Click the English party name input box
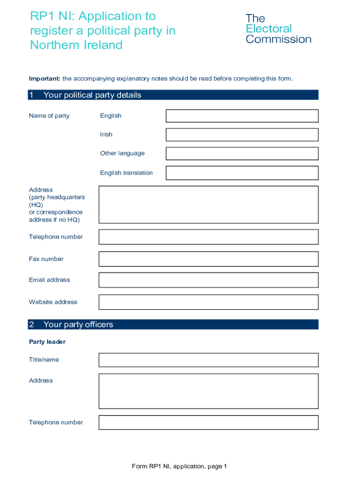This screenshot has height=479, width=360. (242, 116)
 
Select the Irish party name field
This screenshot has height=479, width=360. (242, 135)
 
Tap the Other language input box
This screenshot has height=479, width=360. (242, 153)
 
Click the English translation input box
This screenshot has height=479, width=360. (242, 173)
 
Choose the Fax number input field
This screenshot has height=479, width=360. (208, 259)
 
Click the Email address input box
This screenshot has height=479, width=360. (208, 280)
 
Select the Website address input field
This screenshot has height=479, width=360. (208, 302)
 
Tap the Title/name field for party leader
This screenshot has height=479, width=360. (208, 360)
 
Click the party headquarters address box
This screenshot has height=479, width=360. (208, 205)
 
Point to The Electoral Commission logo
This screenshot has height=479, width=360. (278, 29)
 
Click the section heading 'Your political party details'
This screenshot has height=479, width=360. (92, 95)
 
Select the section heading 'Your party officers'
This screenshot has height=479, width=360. (78, 325)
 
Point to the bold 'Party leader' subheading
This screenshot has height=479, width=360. (47, 342)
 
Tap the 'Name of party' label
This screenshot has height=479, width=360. (49, 116)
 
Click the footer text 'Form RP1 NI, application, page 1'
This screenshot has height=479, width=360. (179, 466)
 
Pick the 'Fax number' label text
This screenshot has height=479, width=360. (46, 259)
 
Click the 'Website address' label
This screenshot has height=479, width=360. (53, 302)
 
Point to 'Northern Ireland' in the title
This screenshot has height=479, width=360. (76, 45)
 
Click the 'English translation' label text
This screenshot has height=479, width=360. (126, 173)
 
